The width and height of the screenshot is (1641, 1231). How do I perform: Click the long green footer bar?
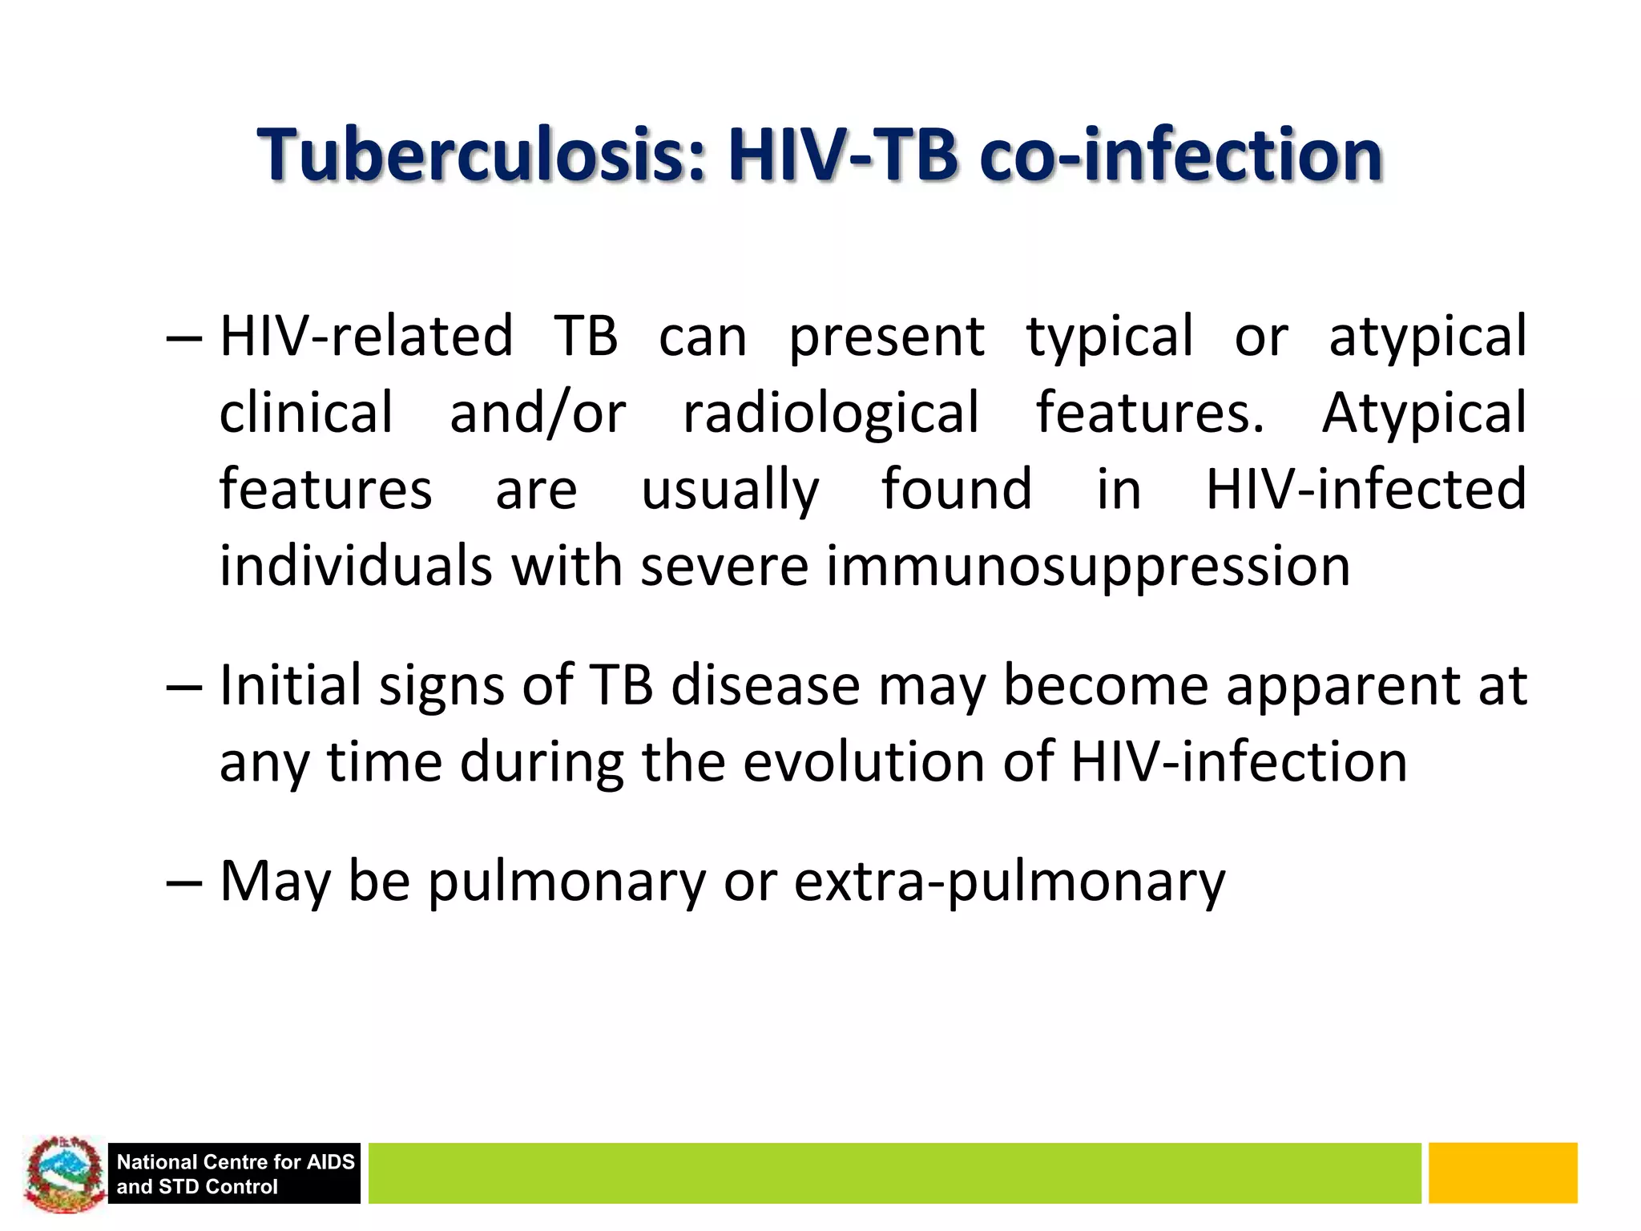[x=893, y=1173]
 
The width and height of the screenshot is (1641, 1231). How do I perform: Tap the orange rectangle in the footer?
[x=1502, y=1173]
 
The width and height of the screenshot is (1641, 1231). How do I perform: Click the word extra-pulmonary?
[x=1010, y=882]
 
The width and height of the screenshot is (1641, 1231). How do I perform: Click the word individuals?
[x=356, y=566]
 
